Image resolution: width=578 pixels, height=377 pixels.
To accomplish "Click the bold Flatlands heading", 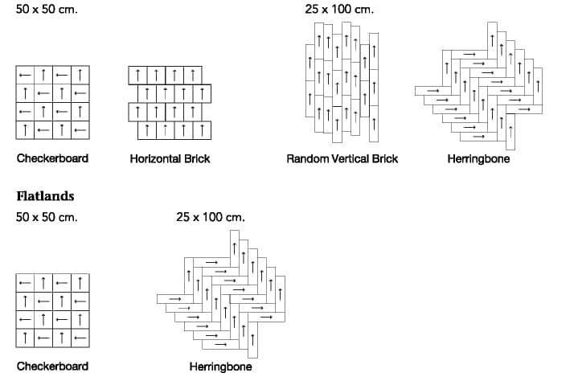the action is coord(45,195).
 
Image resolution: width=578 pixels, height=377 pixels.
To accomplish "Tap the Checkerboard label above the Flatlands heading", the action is coord(53,158).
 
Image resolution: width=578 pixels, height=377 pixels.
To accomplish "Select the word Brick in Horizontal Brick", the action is coord(197,159).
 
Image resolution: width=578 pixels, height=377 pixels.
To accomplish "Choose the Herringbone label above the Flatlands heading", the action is coord(478,159).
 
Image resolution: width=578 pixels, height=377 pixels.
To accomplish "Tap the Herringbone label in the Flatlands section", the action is coord(220,367).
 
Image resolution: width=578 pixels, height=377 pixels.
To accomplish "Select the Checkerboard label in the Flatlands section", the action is coord(53,367).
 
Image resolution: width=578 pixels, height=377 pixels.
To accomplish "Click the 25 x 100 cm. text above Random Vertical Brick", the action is coord(339,9).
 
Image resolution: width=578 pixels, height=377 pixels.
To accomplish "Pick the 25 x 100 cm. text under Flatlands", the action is coord(211,217).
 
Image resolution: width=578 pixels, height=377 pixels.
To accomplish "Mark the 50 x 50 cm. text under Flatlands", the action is coord(47,217).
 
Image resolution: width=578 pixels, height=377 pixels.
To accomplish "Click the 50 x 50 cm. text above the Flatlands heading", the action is coord(47,9).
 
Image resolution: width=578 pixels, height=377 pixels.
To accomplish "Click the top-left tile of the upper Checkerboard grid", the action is coord(25,76).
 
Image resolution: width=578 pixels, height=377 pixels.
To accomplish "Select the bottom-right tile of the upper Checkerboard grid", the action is coord(80,130).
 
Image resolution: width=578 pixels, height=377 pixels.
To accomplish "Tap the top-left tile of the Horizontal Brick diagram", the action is coord(137,76).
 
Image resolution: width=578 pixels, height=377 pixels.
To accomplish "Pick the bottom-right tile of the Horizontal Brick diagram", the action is coord(202,130).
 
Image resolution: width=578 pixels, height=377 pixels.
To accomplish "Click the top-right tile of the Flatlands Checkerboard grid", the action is coord(80,283).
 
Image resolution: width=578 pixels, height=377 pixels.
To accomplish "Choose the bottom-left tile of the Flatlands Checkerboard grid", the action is coord(25,338).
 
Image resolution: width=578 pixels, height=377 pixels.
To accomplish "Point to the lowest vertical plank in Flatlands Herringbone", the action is coord(252,340).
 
